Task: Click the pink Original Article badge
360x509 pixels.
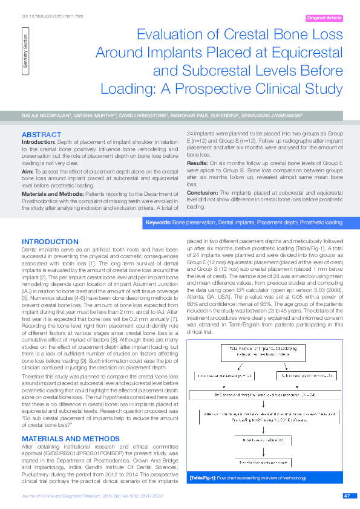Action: coord(324,18)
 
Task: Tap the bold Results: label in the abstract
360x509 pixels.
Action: coord(197,163)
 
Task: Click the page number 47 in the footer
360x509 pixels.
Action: coord(347,496)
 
